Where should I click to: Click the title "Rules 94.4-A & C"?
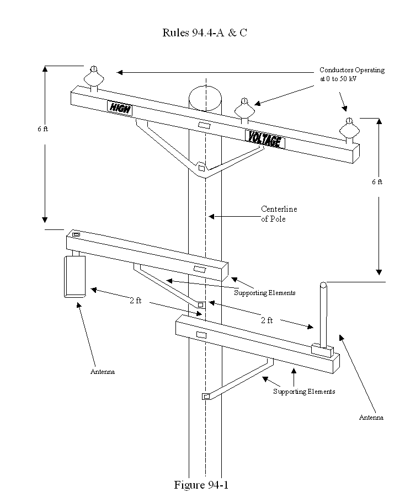tap(204, 33)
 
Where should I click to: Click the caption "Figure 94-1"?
tap(201, 485)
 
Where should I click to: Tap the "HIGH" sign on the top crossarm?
tap(120, 107)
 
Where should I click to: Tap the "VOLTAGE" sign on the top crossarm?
tap(264, 139)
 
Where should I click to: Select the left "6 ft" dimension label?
tap(43, 128)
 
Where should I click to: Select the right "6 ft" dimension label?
tap(377, 181)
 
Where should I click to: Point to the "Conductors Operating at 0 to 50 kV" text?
tap(351, 74)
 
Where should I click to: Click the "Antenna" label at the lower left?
tap(103, 372)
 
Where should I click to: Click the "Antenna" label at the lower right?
tap(371, 417)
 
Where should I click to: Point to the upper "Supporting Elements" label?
tap(264, 293)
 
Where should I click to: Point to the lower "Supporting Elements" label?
tap(304, 392)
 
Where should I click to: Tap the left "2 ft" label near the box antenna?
tap(136, 300)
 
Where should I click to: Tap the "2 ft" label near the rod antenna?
tap(267, 320)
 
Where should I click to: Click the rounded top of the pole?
tap(205, 98)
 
